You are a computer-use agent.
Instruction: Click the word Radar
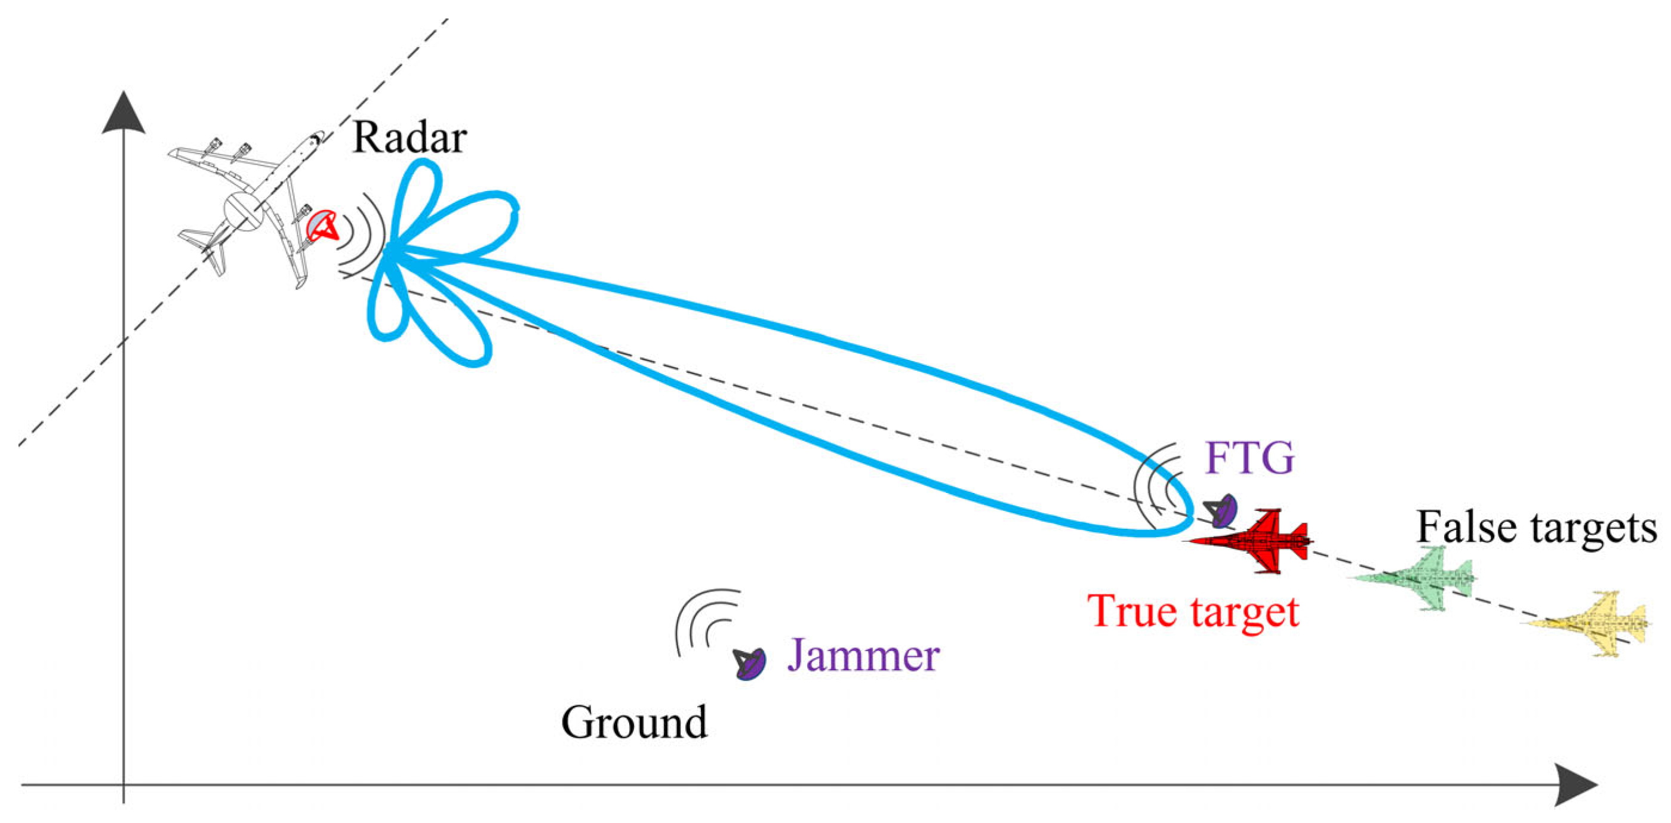[x=410, y=138]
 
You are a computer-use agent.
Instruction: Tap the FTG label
[x=1250, y=458]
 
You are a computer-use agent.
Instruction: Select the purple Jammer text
[x=863, y=656]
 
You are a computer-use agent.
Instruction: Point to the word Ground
[x=634, y=723]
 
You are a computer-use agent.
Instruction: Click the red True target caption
[x=1193, y=611]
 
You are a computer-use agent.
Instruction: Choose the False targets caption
[x=1536, y=526]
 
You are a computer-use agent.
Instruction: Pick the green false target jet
[x=1414, y=578]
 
